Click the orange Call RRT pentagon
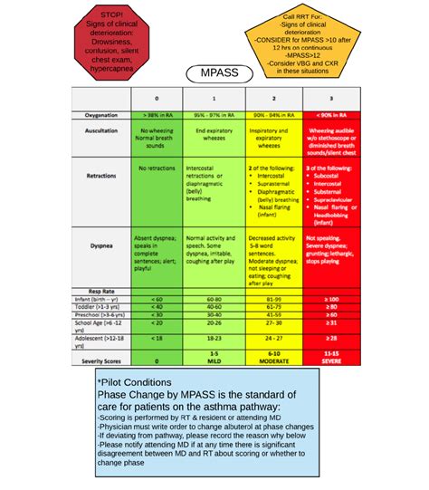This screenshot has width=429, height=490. (293, 43)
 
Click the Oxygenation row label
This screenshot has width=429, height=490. (99, 116)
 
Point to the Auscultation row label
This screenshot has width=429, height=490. (99, 132)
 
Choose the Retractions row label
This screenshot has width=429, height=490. (99, 178)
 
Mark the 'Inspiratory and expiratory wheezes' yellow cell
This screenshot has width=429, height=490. (272, 136)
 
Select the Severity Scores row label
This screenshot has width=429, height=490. (99, 359)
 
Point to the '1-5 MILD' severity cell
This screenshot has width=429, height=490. (214, 356)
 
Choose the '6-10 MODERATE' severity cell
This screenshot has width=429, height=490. (272, 356)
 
